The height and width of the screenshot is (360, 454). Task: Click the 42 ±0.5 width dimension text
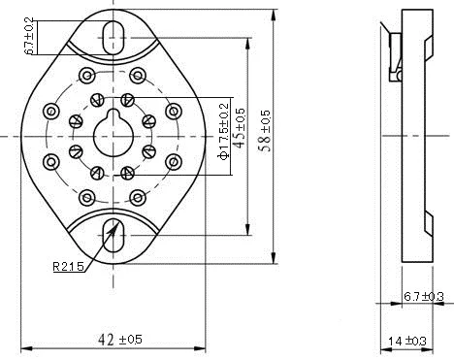click(x=119, y=340)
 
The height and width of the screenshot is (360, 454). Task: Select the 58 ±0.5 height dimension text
click(x=265, y=131)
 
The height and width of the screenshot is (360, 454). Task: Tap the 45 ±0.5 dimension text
click(x=240, y=128)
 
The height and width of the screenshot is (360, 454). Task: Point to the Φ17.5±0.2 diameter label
click(x=224, y=131)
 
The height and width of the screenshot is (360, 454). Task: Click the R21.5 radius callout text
click(x=69, y=266)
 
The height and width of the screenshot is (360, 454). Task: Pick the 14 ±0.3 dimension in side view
click(x=407, y=341)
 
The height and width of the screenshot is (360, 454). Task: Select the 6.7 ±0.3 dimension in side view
click(x=424, y=296)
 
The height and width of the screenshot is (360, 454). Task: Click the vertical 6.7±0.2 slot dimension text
click(x=29, y=36)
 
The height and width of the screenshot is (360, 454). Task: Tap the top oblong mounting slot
click(x=113, y=37)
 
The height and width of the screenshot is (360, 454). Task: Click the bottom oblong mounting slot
click(x=113, y=236)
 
